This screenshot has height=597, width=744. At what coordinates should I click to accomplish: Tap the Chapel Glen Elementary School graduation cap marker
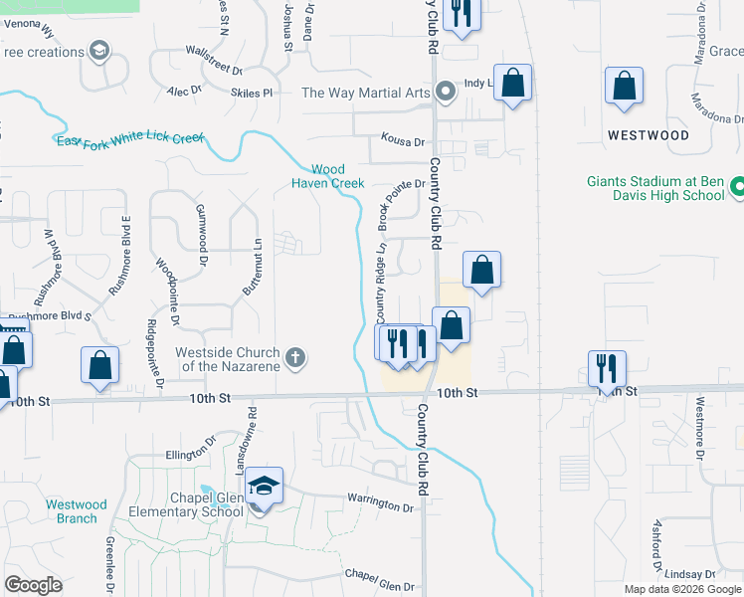pyautogui.click(x=264, y=487)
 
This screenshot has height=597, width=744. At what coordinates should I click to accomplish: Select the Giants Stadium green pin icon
pyautogui.click(x=738, y=186)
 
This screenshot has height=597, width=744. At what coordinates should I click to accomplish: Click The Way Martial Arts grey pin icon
pyautogui.click(x=446, y=93)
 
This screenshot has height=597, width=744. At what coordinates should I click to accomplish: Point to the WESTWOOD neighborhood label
pyautogui.click(x=648, y=134)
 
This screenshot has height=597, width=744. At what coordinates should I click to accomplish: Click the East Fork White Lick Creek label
pyautogui.click(x=129, y=138)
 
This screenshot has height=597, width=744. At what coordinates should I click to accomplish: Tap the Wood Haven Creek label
pyautogui.click(x=328, y=176)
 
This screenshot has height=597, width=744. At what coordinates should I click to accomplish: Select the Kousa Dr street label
pyautogui.click(x=402, y=142)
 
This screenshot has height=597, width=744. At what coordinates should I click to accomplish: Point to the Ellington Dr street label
pyautogui.click(x=190, y=447)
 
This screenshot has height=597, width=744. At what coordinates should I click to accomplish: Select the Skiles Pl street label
pyautogui.click(x=252, y=93)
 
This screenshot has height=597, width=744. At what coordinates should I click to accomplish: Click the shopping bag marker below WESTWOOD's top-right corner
pyautogui.click(x=624, y=87)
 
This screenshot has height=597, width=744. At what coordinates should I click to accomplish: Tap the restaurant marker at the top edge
pyautogui.click(x=460, y=14)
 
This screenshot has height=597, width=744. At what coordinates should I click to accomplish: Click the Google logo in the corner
pyautogui.click(x=33, y=584)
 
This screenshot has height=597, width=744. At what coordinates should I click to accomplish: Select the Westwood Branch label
pyautogui.click(x=77, y=511)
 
